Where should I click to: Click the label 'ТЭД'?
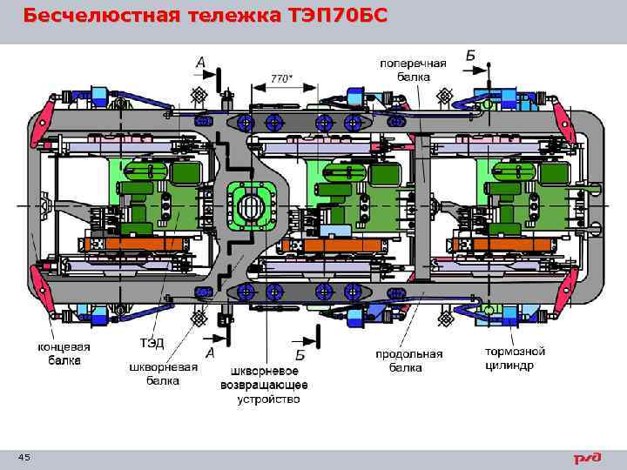152,343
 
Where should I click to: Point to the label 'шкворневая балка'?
163,373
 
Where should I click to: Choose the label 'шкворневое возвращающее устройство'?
268,385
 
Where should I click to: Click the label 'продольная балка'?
409,360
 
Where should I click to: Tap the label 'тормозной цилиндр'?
515,359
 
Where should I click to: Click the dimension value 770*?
280,78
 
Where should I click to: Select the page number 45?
24,458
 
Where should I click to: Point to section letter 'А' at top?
201,63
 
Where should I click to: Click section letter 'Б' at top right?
470,56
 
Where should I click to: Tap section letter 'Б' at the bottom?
300,354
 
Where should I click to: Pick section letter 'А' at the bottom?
209,352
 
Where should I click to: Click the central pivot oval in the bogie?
251,209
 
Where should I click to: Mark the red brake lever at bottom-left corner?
41,294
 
